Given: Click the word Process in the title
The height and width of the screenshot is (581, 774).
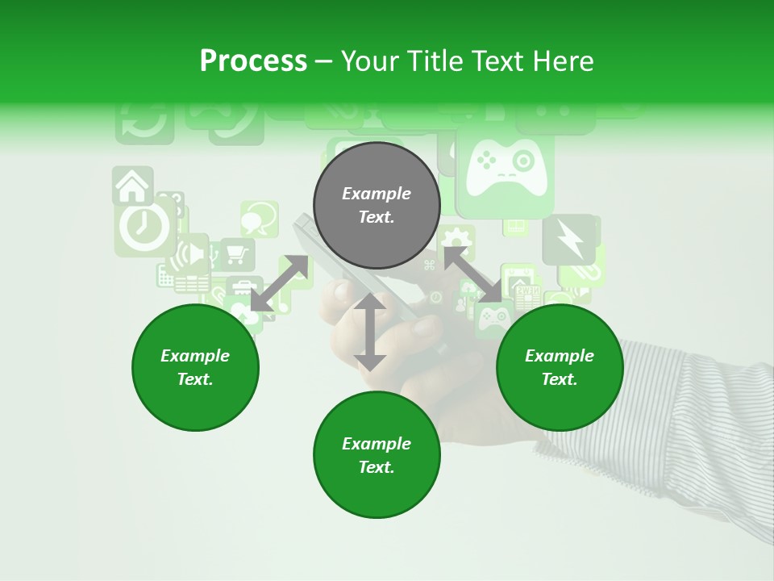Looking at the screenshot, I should pos(253,61).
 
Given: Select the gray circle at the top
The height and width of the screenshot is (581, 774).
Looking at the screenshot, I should pos(377,205).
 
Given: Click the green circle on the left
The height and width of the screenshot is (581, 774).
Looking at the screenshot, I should pos(195,367).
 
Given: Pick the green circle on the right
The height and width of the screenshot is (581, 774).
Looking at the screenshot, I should pos(560,367).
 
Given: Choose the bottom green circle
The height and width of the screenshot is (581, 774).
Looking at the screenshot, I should pos(377,455).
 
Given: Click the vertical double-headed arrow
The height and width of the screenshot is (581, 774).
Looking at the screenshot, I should pos(370,332).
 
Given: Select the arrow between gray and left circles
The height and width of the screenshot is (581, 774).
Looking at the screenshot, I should pos(280,282).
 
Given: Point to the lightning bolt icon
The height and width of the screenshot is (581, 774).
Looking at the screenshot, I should pos(568,240).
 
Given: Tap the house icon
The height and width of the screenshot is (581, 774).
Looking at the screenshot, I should pos(133,186).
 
